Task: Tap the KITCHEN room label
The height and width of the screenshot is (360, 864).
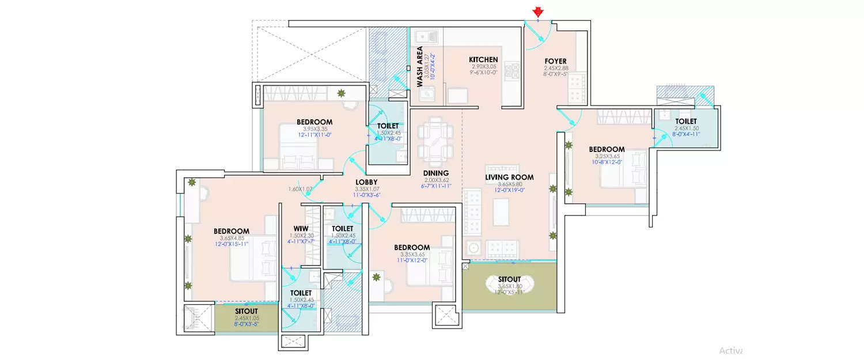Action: pyautogui.click(x=483, y=60)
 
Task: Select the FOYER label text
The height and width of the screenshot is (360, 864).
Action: pyautogui.click(x=555, y=61)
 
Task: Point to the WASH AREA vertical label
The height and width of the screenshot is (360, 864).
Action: pyautogui.click(x=420, y=67)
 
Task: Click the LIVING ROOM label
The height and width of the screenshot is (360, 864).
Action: pyautogui.click(x=509, y=177)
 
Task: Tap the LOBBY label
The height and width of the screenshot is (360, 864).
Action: pyautogui.click(x=366, y=182)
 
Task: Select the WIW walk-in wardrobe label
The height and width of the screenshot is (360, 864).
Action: pyautogui.click(x=301, y=229)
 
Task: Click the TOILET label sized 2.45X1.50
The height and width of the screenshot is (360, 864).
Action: pyautogui.click(x=685, y=121)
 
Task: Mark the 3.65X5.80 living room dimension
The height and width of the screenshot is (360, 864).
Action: pyautogui.click(x=509, y=184)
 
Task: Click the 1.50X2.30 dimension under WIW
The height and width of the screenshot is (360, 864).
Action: pyautogui.click(x=301, y=236)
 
